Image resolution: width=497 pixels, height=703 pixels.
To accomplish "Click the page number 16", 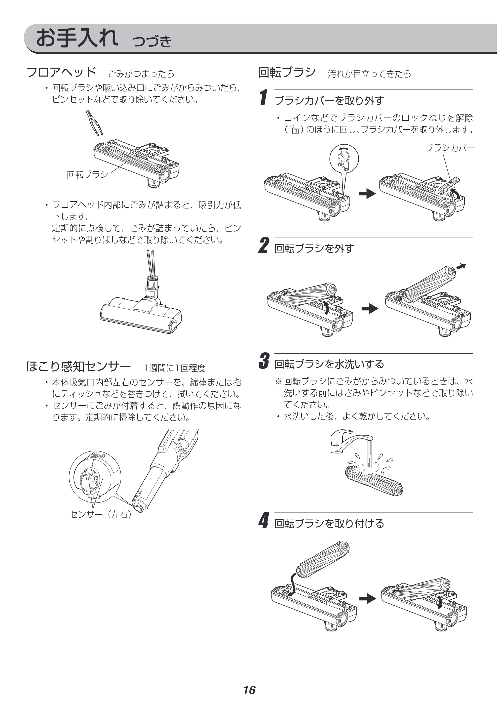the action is click(x=249, y=681).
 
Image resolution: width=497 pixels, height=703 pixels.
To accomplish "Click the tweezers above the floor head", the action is click(x=94, y=123).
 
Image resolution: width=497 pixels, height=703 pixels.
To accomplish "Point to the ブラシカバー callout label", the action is click(x=450, y=148).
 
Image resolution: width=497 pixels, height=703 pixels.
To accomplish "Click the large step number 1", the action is click(x=264, y=97).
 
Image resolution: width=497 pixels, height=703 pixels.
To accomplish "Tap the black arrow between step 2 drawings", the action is click(x=370, y=308).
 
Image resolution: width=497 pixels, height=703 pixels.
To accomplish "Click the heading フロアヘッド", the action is click(x=62, y=72).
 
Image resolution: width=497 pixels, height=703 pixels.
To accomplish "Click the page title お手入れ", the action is click(x=77, y=38).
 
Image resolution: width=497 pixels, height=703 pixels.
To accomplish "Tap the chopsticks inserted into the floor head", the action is click(x=150, y=265).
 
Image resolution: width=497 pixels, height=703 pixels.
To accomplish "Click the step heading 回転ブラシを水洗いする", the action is click(x=329, y=364).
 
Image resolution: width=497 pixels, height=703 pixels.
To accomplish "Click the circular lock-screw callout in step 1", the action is click(x=344, y=159).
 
